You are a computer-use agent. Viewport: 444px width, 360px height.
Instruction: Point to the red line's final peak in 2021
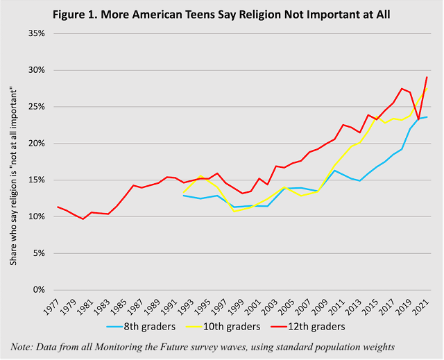[x=425, y=77]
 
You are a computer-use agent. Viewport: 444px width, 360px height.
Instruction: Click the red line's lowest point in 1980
[x=83, y=219]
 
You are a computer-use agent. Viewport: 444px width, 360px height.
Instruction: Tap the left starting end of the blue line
[x=183, y=196]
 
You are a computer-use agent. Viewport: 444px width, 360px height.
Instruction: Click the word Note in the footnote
[x=23, y=346]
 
